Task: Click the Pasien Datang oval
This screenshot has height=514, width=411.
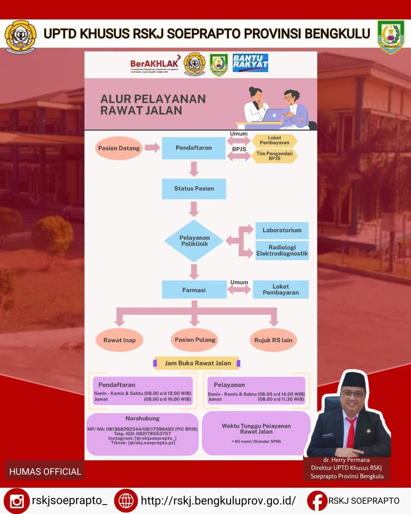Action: coord(119,148)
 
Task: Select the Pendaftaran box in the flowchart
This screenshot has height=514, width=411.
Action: coord(194,148)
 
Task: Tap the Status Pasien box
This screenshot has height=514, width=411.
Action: coord(194,188)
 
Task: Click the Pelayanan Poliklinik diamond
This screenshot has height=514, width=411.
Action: coord(194,241)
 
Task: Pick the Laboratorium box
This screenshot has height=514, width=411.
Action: coord(282,230)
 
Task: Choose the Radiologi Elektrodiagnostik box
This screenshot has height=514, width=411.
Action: coord(282,250)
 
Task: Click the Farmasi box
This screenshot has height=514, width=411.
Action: coord(194,290)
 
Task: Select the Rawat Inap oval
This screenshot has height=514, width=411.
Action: coord(119,340)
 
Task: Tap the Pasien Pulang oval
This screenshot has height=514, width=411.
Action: coord(195,340)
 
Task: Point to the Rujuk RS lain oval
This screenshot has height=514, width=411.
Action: coord(273,340)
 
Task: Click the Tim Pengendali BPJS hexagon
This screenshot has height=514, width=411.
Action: coord(274,156)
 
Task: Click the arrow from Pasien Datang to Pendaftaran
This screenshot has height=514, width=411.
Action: coord(152,148)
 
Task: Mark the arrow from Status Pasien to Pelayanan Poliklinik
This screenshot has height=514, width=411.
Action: coord(194,209)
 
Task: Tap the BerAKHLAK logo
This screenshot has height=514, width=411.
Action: coord(155,64)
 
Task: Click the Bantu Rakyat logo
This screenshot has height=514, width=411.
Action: coord(250,62)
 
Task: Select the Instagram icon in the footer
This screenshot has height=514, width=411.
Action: coord(17,501)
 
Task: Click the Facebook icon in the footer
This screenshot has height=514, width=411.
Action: coord(317,501)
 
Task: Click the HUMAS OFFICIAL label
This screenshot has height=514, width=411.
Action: coord(45,471)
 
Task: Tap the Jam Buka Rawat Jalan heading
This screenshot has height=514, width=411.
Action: coord(198,363)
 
